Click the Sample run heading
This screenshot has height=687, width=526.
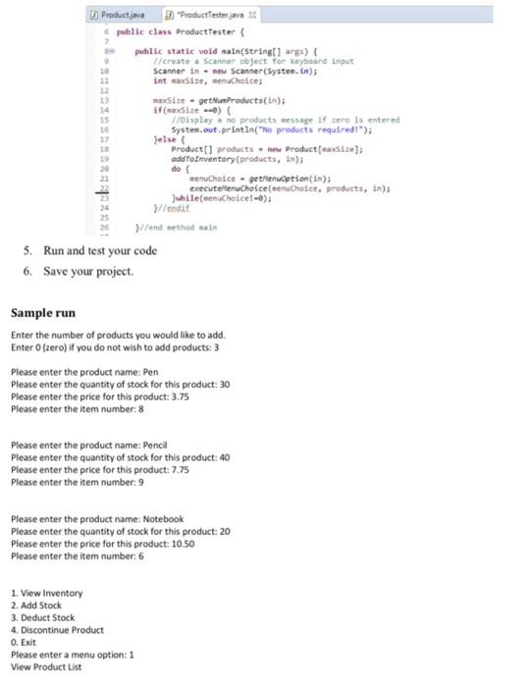pos(42,312)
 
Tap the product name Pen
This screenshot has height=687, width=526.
pos(151,372)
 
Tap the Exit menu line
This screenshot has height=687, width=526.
pos(25,642)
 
